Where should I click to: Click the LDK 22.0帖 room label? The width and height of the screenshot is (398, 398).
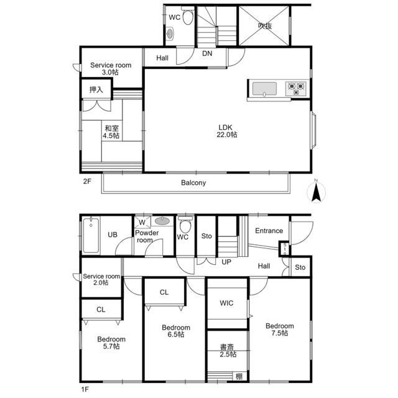pyautogui.click(x=226, y=131)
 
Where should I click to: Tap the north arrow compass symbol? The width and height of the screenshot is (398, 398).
pyautogui.click(x=316, y=192)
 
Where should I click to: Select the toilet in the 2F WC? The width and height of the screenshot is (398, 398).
pyautogui.click(x=188, y=16)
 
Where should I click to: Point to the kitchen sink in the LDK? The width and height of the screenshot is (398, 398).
pyautogui.click(x=264, y=89)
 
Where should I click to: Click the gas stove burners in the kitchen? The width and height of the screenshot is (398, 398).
pyautogui.click(x=296, y=88)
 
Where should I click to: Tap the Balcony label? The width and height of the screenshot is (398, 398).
pyautogui.click(x=193, y=183)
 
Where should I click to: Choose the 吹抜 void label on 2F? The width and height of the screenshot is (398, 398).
pyautogui.click(x=265, y=26)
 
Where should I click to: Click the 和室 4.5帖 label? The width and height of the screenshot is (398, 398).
pyautogui.click(x=111, y=132)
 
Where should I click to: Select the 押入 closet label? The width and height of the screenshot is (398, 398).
pyautogui.click(x=96, y=90)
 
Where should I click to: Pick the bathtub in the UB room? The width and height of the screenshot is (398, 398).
pyautogui.click(x=91, y=235)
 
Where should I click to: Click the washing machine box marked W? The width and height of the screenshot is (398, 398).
pyautogui.click(x=142, y=223)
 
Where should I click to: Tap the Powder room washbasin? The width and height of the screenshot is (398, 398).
pyautogui.click(x=162, y=221)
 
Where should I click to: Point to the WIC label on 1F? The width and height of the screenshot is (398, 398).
pyautogui.click(x=226, y=303)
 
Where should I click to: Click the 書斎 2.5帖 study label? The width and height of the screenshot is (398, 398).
pyautogui.click(x=228, y=351)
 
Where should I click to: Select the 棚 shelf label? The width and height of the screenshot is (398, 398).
pyautogui.click(x=239, y=376)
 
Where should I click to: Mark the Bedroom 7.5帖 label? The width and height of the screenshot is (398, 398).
pyautogui.click(x=280, y=330)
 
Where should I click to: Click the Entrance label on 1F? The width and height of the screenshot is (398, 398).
pyautogui.click(x=269, y=231)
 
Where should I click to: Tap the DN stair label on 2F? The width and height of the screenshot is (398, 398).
pyautogui.click(x=207, y=53)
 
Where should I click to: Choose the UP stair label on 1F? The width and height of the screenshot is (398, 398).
pyautogui.click(x=226, y=262)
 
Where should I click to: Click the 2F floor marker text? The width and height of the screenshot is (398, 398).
pyautogui.click(x=87, y=181)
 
